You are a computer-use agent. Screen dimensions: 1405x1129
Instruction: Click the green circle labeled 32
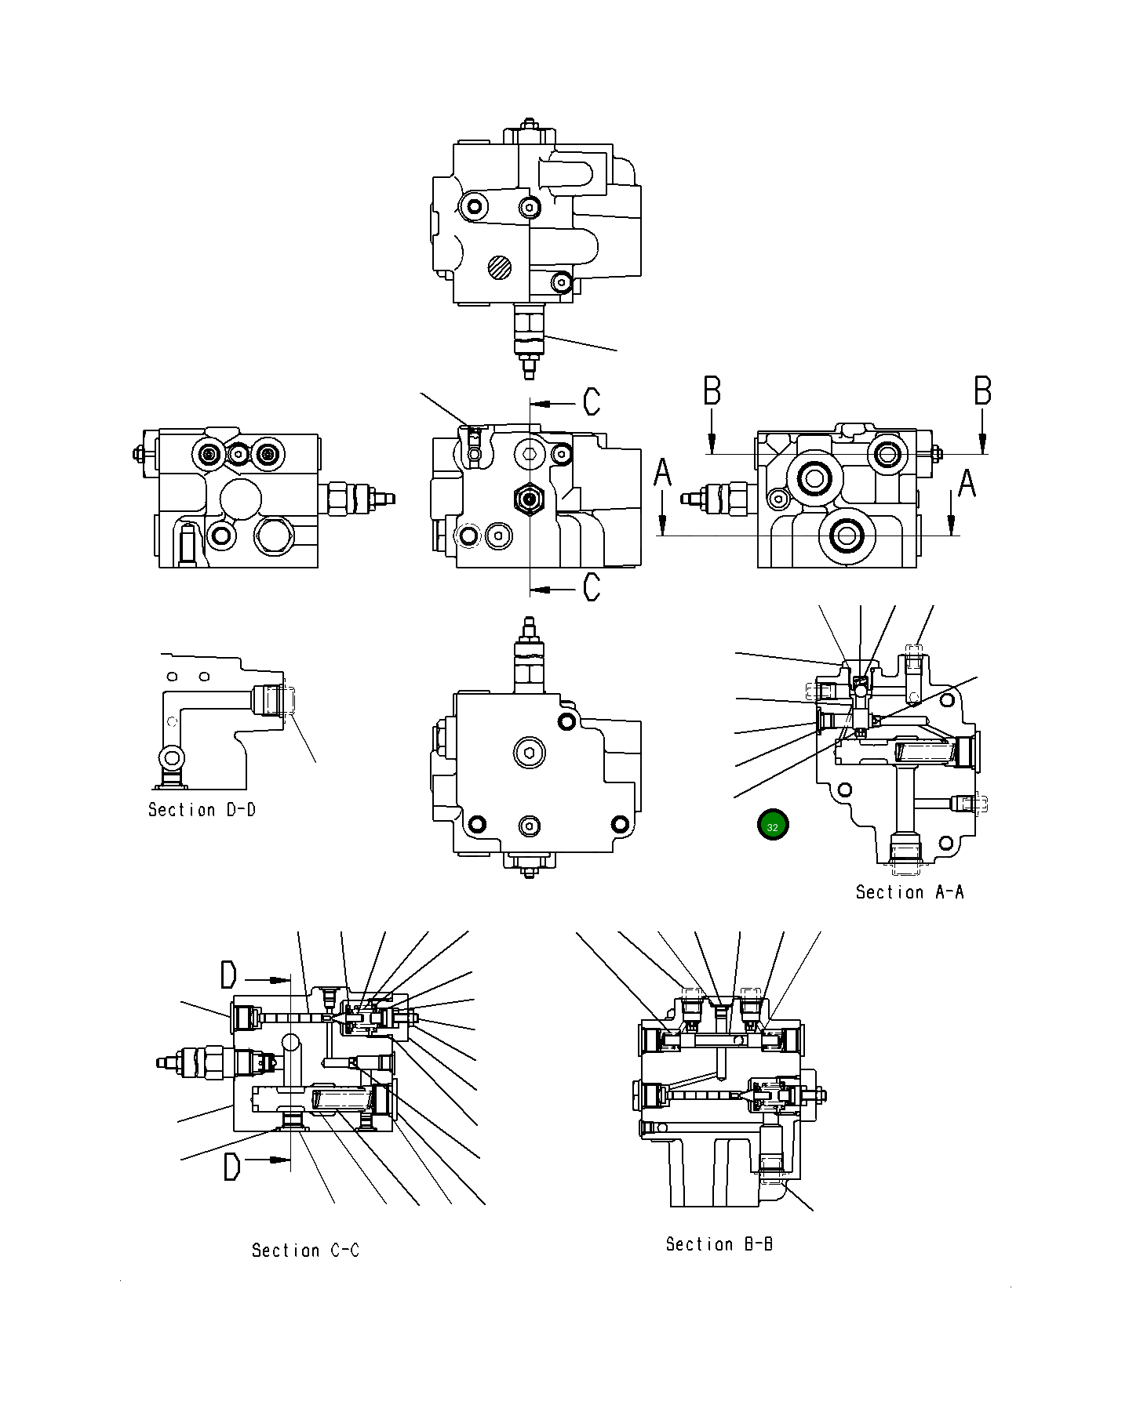pyautogui.click(x=773, y=826)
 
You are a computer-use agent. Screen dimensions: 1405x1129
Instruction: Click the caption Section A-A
pyautogui.click(x=909, y=892)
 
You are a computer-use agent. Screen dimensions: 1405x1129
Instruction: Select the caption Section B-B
pyautogui.click(x=719, y=1244)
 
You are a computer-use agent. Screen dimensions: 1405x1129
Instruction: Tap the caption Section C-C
pyautogui.click(x=305, y=1251)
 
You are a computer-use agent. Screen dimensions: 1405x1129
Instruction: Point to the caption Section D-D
pyautogui.click(x=202, y=810)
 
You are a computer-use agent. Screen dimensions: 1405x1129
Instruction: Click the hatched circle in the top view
pyautogui.click(x=499, y=267)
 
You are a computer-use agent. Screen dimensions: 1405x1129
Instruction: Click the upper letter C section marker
pyautogui.click(x=592, y=401)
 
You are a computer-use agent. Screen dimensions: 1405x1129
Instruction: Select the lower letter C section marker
pyautogui.click(x=592, y=586)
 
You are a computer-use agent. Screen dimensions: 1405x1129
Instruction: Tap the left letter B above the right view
pyautogui.click(x=712, y=391)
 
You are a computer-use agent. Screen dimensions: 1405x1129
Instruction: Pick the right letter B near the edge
pyautogui.click(x=982, y=391)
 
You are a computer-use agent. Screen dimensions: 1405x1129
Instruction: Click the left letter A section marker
pyautogui.click(x=663, y=474)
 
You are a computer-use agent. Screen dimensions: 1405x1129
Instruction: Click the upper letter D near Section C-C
pyautogui.click(x=228, y=976)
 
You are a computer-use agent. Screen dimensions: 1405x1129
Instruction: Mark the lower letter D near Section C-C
pyautogui.click(x=231, y=1167)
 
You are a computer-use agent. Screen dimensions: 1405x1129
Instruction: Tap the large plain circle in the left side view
pyautogui.click(x=242, y=499)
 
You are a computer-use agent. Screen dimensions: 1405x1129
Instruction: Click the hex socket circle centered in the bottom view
pyautogui.click(x=530, y=754)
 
